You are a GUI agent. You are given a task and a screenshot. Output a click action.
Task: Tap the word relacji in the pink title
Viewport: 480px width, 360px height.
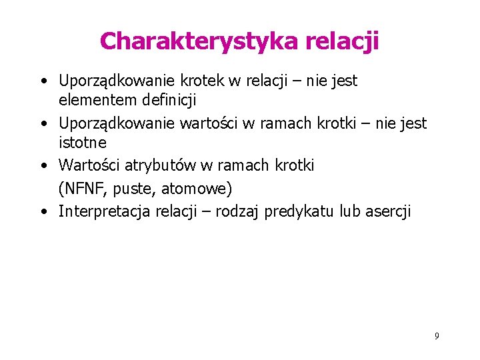click(x=343, y=41)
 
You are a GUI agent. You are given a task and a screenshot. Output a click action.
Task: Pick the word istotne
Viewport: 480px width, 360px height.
click(x=83, y=143)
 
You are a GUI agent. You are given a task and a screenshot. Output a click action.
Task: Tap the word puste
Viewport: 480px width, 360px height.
click(x=134, y=189)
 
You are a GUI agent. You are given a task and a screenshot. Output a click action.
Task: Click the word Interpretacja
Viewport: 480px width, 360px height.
click(x=105, y=211)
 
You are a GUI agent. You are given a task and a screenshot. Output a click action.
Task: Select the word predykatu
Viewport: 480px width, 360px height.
click(x=299, y=211)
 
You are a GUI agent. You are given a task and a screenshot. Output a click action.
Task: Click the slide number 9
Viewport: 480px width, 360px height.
click(x=436, y=336)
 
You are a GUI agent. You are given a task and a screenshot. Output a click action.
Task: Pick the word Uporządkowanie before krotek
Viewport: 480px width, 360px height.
click(x=117, y=81)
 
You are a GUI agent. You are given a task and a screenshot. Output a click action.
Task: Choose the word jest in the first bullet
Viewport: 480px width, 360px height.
click(x=344, y=81)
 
